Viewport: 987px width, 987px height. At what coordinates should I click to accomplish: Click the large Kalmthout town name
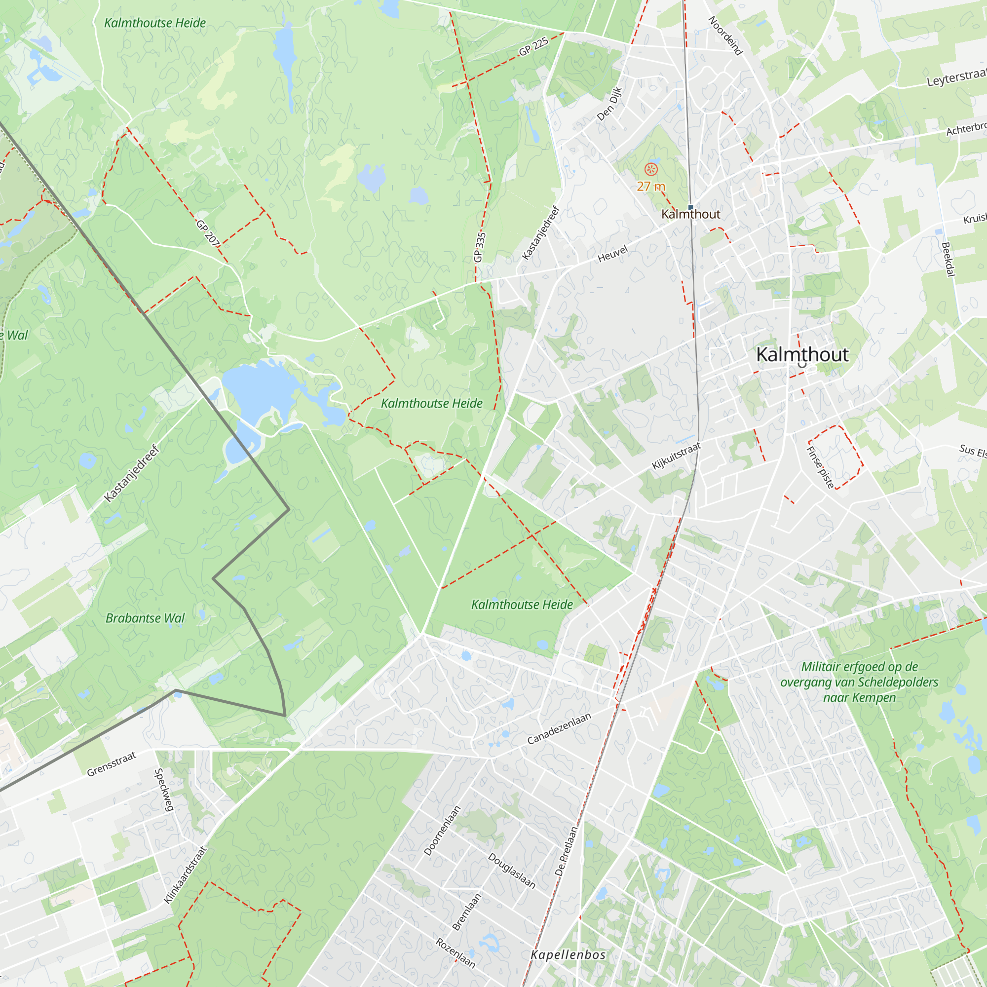click(802, 354)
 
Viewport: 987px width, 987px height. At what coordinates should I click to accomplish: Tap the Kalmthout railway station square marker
click(691, 207)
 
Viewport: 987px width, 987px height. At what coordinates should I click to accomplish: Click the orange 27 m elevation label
click(651, 187)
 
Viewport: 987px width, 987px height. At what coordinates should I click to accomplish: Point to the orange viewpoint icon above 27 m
click(651, 170)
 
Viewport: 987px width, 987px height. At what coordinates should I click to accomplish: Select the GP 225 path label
click(533, 46)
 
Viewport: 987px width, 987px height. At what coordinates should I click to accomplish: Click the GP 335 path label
click(479, 247)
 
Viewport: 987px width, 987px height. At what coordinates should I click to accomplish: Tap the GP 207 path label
click(208, 232)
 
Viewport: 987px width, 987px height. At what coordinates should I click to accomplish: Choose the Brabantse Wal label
click(145, 618)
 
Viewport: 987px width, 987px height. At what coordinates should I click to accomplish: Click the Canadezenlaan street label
click(559, 728)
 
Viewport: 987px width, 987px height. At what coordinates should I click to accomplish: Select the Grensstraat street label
click(112, 764)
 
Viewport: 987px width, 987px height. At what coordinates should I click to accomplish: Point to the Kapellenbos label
click(568, 955)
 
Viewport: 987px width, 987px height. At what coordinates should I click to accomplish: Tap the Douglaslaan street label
click(512, 871)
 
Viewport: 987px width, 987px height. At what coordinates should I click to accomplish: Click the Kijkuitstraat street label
click(677, 456)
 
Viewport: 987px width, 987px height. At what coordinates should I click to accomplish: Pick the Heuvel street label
click(612, 254)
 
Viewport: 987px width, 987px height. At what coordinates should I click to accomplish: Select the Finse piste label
click(820, 467)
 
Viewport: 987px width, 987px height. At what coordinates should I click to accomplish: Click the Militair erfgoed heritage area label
click(859, 682)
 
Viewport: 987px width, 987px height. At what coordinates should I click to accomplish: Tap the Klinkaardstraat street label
click(186, 875)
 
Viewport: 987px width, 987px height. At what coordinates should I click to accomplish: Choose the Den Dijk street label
click(609, 104)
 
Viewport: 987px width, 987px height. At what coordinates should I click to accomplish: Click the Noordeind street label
click(725, 36)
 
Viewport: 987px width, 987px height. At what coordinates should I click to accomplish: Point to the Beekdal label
click(948, 260)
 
